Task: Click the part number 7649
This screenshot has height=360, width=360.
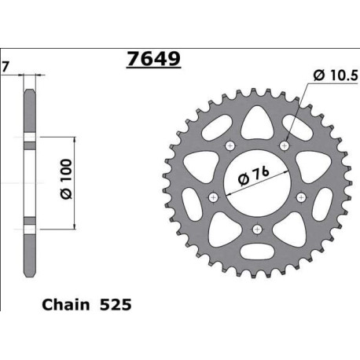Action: pos(153,60)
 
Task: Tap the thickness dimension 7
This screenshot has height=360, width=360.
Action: pos(6,66)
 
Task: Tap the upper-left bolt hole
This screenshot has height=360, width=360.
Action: pos(230,146)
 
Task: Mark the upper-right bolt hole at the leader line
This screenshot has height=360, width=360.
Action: pos(285,146)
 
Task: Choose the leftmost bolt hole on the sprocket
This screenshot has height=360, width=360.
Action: pos(212,197)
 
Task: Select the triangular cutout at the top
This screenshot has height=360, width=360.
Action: pos(258,120)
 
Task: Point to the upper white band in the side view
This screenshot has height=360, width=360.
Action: pos(29,141)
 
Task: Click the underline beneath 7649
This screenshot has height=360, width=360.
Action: pos(153,70)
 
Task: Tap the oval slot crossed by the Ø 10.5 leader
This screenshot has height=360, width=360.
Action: pos(297,126)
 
